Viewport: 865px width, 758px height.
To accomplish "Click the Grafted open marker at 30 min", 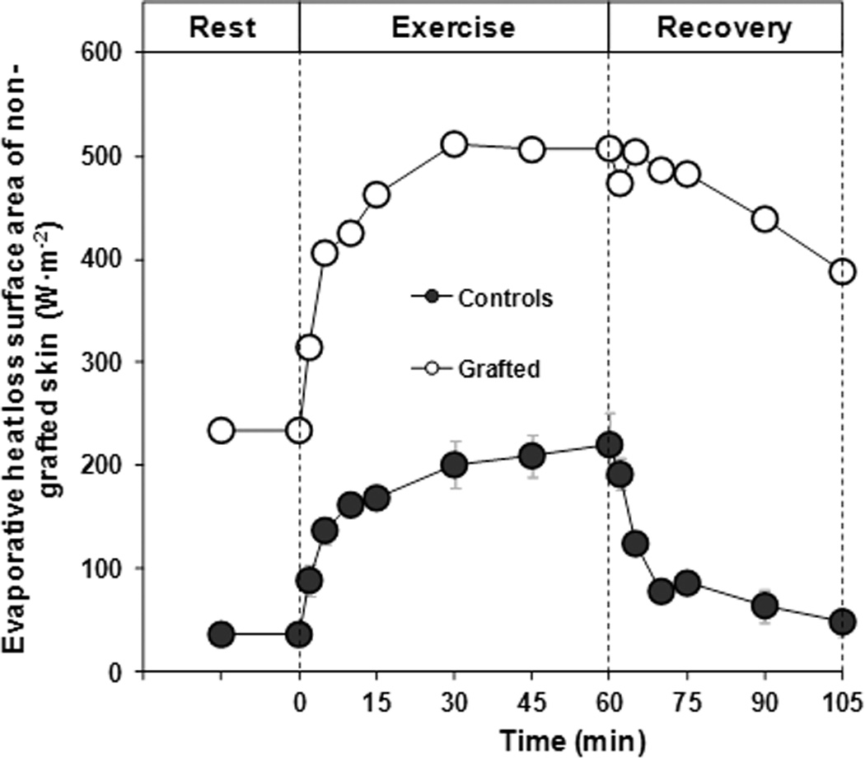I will pos(454,145).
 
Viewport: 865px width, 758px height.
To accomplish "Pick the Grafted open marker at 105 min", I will pos(842,271).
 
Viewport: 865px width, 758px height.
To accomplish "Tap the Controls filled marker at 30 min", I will pos(454,466).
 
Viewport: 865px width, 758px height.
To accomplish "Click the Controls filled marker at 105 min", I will pos(842,622).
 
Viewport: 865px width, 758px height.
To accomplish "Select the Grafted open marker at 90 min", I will pos(764,219).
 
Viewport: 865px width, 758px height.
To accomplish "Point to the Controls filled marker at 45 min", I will pos(531,456).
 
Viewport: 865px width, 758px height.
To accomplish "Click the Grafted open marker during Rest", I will pos(221,430).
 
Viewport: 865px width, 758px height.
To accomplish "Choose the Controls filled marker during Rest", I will pos(221,634).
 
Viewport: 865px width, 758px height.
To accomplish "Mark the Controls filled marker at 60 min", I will pos(609,445).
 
